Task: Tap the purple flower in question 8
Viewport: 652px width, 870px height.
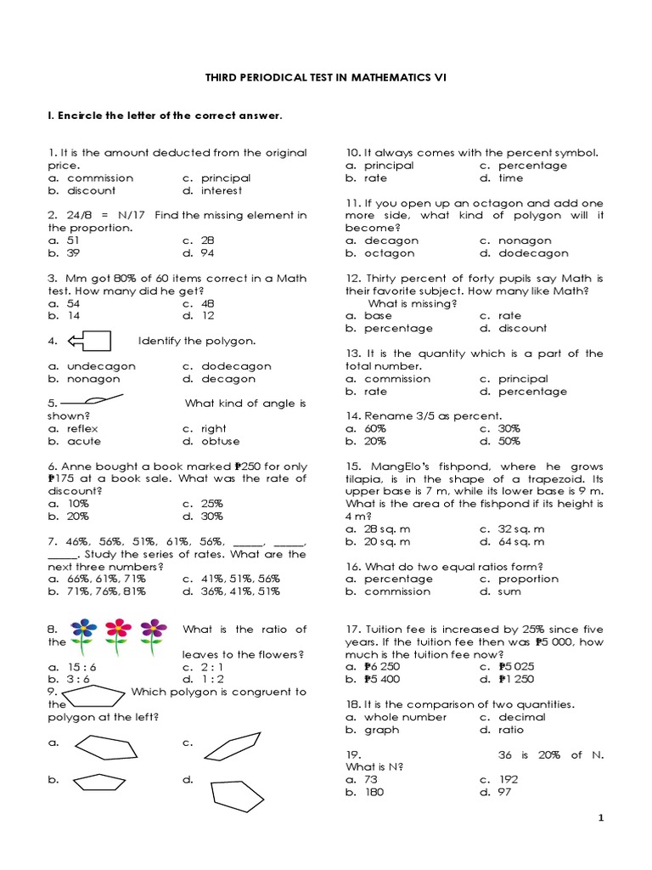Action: [153, 632]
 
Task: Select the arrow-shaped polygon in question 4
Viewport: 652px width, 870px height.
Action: [89, 341]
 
